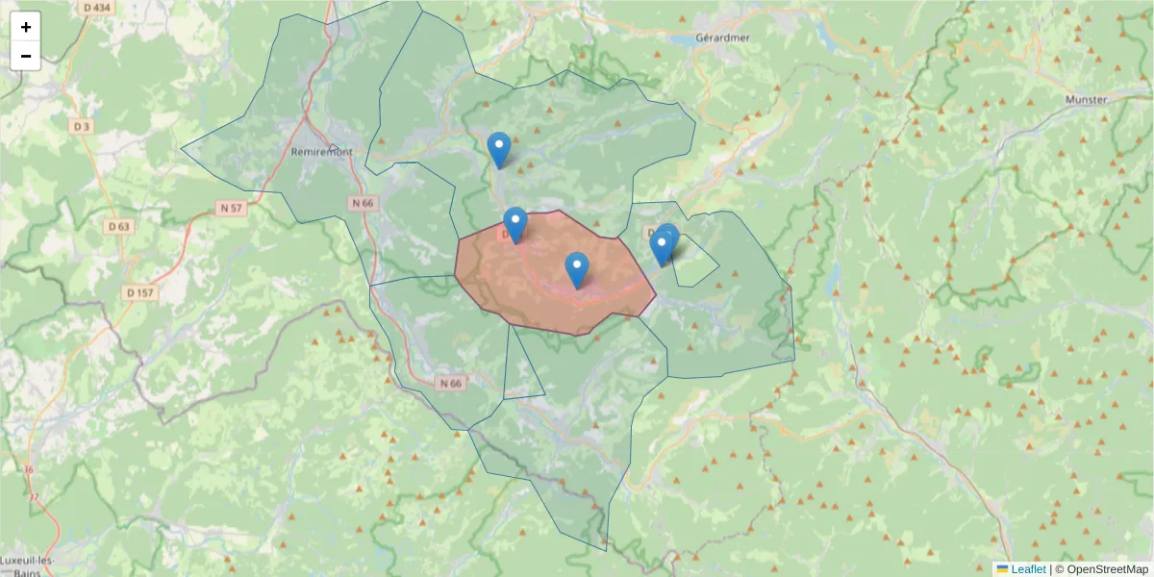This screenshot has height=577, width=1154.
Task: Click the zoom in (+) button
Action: tap(26, 27)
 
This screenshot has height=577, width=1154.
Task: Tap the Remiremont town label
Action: tap(322, 152)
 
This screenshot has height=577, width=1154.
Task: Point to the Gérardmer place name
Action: tap(722, 38)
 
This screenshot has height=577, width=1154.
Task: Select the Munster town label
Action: tap(1087, 99)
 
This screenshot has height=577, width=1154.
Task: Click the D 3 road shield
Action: tap(81, 126)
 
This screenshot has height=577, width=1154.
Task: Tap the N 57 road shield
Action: tap(231, 208)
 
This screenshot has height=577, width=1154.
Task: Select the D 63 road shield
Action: tap(119, 227)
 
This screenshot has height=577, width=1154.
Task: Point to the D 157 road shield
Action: tap(139, 292)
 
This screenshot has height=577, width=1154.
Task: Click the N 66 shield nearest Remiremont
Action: tap(363, 203)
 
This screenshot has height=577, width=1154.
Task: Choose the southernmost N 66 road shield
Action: tap(449, 383)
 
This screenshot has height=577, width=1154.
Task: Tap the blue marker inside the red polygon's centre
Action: tap(576, 269)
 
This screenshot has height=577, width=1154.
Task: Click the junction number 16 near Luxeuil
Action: tap(29, 469)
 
